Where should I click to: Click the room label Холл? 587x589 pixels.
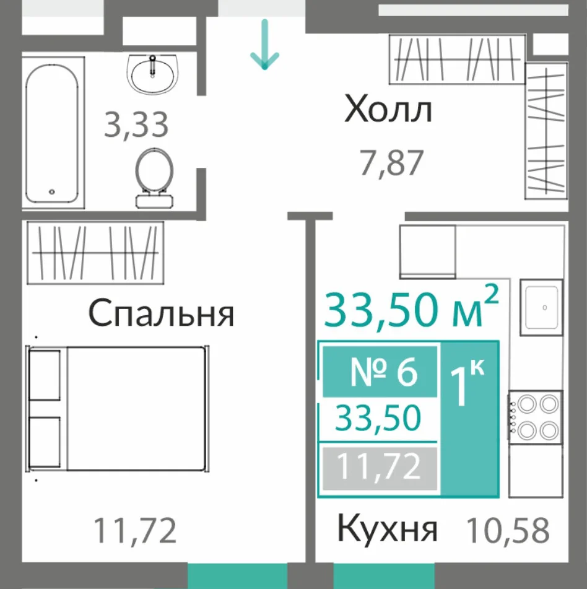(388, 109)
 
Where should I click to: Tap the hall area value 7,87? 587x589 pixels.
(392, 163)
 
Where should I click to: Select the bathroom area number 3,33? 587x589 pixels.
(136, 124)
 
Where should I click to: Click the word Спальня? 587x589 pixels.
(161, 313)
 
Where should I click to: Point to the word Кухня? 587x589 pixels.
(387, 528)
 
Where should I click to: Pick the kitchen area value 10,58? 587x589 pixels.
(508, 530)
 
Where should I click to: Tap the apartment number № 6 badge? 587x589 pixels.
(380, 372)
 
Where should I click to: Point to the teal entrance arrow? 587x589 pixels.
(265, 45)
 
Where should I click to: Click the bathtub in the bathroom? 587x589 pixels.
(53, 133)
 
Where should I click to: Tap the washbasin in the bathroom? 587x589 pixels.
(153, 74)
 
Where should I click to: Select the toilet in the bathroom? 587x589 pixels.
(154, 178)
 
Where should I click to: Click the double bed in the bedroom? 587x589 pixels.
(117, 408)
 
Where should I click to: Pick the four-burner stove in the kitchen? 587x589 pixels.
(536, 417)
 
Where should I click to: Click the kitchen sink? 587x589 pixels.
(542, 307)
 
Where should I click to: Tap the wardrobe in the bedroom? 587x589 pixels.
(95, 253)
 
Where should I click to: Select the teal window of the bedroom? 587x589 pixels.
(238, 575)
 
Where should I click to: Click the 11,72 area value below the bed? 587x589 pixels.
(134, 530)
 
